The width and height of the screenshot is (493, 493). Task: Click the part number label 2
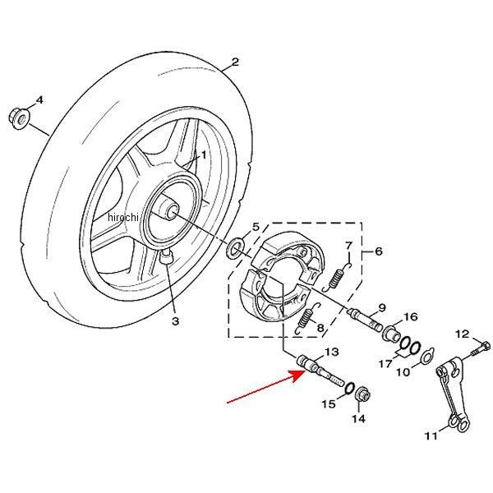tap(235, 62)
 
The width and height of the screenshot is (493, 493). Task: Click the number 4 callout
tap(39, 100)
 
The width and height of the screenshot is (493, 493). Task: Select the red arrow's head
tap(298, 376)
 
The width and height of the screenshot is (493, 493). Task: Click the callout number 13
tap(332, 352)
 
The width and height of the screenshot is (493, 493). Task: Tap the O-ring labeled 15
tap(349, 387)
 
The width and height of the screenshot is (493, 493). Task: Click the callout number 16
tap(411, 316)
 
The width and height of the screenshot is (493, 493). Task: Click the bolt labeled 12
tap(479, 352)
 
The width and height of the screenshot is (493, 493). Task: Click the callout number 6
tap(379, 251)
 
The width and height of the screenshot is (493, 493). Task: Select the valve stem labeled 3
tap(167, 260)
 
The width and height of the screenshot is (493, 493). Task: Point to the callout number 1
tap(205, 154)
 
